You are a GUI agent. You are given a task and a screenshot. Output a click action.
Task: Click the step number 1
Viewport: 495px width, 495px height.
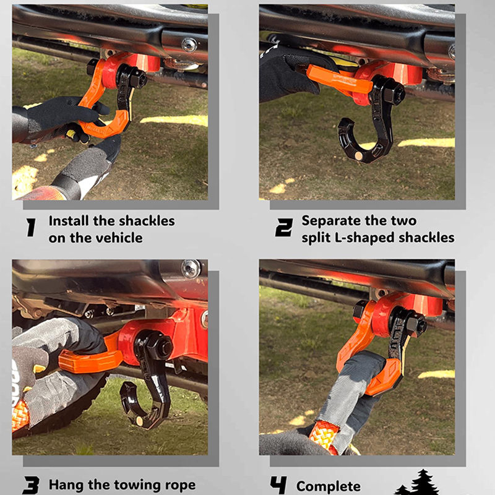tap(31, 227)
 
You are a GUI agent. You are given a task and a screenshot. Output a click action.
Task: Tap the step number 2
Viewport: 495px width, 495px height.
tap(284, 227)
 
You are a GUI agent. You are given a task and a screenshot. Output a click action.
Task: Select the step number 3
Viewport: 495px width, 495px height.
tap(31, 485)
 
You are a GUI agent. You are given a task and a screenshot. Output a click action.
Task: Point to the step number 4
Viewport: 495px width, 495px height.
tap(278, 485)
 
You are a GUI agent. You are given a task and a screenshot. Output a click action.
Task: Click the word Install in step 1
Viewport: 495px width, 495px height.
tap(69, 221)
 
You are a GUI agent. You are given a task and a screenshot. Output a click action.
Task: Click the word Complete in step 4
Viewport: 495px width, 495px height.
tap(329, 487)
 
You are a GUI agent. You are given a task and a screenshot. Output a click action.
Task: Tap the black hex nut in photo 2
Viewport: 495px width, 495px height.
tap(395, 93)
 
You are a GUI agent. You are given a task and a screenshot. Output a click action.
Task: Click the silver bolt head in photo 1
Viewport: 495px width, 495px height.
tap(189, 45)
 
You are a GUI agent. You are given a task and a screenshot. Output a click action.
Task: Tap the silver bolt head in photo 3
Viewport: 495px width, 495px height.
tap(191, 269)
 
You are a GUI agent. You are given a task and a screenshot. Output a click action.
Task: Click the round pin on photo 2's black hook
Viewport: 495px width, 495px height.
tap(359, 156)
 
